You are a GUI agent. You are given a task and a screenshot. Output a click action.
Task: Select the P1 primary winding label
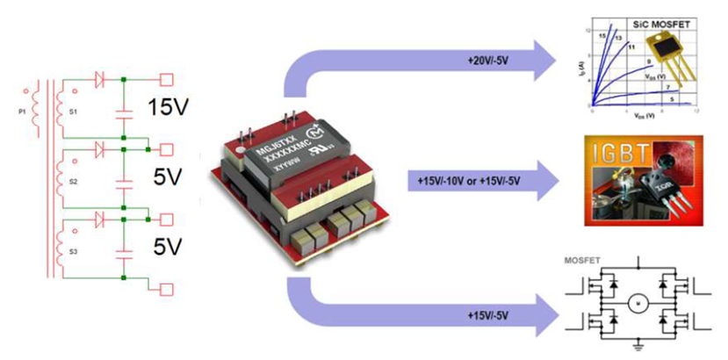pyautogui.click(x=21, y=112)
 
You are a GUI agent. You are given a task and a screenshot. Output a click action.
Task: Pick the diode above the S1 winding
pyautogui.click(x=101, y=80)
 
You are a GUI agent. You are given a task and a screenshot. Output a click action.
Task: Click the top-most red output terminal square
pyautogui.click(x=165, y=80)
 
